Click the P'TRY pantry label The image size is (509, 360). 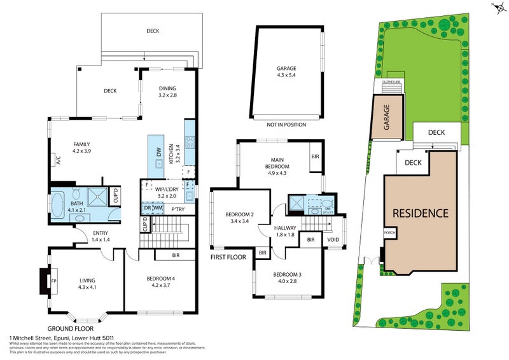pyautogui.click(x=178, y=209)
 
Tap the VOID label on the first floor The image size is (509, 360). pyautogui.click(x=333, y=240)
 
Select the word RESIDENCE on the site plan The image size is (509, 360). pyautogui.click(x=420, y=213)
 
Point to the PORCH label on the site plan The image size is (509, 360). pyautogui.click(x=390, y=233)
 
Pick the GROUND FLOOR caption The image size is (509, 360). pyautogui.click(x=67, y=328)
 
